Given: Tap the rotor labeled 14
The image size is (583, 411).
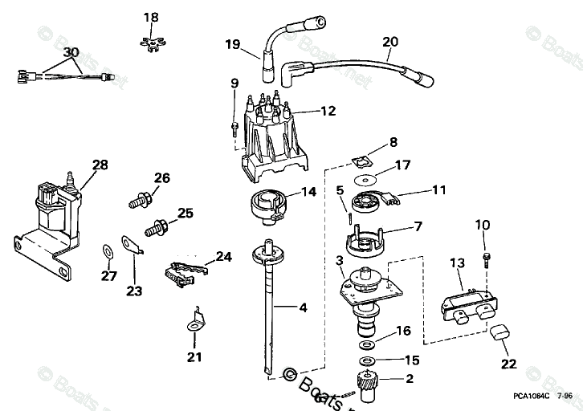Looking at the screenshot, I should [269, 206].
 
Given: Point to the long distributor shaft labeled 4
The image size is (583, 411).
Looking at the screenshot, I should [268, 313].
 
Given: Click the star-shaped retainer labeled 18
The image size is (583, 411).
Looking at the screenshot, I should [151, 45].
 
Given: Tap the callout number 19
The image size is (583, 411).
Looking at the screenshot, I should [232, 45].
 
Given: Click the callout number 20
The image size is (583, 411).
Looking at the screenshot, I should [389, 41].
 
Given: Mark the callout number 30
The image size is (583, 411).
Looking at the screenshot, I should [71, 51].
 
